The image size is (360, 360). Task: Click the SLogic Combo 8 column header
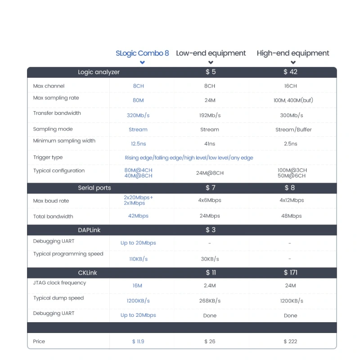pos(142,53)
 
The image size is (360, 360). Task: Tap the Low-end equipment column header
pos(211,53)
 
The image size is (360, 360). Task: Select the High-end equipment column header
pos(293,53)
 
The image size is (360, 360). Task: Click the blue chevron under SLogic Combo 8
pos(142,63)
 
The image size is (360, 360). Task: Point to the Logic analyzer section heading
pos(99,72)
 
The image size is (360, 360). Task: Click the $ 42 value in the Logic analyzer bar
pos(290,72)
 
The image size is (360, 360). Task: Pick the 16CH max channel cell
pos(290,86)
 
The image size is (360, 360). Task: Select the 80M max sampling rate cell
pos(138,100)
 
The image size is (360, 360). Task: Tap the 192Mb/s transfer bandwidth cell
pos(210,116)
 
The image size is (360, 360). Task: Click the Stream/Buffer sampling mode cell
pos(293,130)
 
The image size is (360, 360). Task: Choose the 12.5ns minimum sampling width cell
pos(138,144)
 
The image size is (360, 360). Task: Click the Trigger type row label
pos(48,157)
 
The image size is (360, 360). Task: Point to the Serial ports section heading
pos(94,188)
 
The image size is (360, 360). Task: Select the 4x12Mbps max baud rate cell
pos(291,200)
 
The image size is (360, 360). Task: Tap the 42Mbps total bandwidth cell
pos(138,216)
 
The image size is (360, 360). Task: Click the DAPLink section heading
pos(89,230)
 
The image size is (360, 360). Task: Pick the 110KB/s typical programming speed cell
pos(138,259)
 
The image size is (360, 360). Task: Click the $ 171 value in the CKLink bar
pos(290,273)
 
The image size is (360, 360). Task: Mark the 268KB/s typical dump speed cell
pos(210,301)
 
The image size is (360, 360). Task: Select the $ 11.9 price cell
pos(138,342)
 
